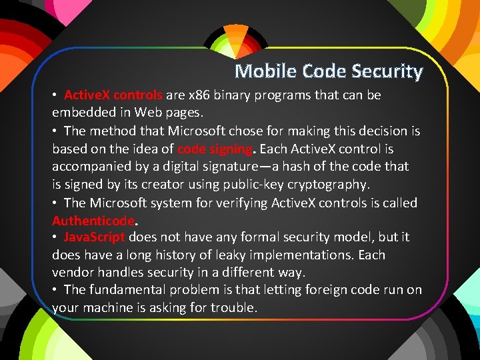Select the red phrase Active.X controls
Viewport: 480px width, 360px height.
pyautogui.click(x=113, y=95)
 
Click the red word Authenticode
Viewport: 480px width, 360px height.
pyautogui.click(x=93, y=220)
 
